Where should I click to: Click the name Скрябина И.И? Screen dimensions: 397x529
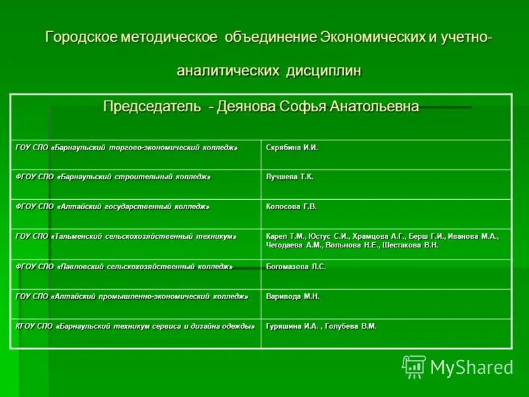point(292,148)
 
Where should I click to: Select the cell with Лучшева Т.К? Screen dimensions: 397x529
point(290,177)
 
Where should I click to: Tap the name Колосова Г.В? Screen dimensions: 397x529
point(291,207)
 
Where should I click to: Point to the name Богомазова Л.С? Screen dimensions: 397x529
point(296,267)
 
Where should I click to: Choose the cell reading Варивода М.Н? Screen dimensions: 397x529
point(292,296)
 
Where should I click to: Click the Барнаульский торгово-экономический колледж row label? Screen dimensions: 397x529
point(126,148)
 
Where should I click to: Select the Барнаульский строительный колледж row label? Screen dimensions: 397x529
point(113,177)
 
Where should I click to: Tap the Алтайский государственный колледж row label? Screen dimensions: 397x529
point(112,207)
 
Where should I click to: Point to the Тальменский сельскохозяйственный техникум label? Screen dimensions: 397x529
point(126,236)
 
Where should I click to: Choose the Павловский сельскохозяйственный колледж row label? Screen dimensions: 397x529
point(124,267)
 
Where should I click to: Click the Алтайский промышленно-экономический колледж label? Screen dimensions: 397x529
point(132,296)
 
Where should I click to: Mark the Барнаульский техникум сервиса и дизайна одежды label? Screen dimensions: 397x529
point(135,326)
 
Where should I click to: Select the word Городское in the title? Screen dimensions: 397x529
point(81,37)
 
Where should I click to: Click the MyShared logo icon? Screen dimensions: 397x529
point(414,366)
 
